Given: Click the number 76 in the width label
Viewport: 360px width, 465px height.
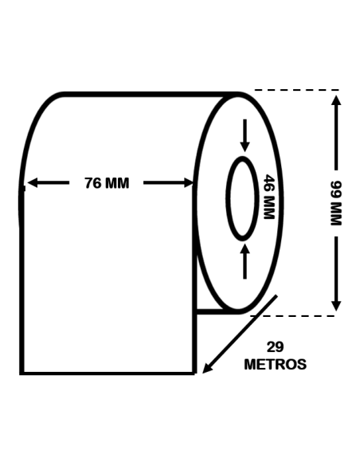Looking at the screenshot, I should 93,183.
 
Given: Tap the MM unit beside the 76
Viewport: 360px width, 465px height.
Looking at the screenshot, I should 117,183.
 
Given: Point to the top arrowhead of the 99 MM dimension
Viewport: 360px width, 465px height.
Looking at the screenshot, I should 336,99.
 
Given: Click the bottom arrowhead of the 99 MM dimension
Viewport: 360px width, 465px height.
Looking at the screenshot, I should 336,306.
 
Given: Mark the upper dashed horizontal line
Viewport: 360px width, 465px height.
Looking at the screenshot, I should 295,90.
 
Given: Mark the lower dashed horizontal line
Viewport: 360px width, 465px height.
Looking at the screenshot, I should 295,315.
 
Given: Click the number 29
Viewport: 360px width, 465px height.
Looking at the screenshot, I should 275,348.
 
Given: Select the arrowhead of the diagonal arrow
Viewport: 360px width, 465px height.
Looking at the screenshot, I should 207,368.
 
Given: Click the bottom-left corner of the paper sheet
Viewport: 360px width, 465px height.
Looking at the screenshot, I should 22,373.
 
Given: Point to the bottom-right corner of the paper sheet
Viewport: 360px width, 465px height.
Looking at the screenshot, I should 194,373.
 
